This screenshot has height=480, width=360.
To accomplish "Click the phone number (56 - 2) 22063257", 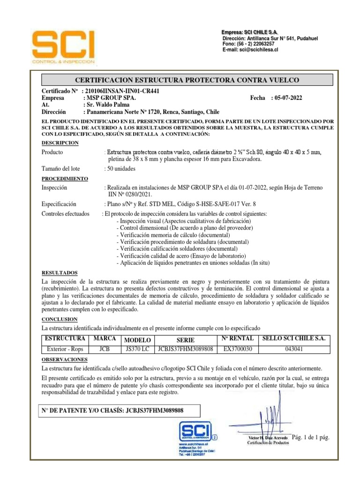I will tap(248, 44).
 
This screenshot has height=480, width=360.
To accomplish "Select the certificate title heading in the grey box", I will tap(187, 80).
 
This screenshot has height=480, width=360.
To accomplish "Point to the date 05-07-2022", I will tap(286, 98).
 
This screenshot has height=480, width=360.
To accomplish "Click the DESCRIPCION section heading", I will tap(60, 142).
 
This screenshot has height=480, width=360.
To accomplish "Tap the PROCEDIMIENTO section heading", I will tap(65, 179).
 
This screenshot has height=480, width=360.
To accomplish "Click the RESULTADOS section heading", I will tap(60, 272).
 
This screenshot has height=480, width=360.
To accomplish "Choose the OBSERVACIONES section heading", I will tap(65, 359).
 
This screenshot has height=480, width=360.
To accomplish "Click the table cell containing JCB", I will tap(105, 349).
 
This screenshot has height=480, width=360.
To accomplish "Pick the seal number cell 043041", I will tap(295, 349).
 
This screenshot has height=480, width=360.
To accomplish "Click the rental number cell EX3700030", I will tap(238, 349).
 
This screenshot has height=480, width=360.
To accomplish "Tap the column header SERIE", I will tap(185, 340).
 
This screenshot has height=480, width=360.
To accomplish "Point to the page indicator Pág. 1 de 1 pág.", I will tap(310, 437).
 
